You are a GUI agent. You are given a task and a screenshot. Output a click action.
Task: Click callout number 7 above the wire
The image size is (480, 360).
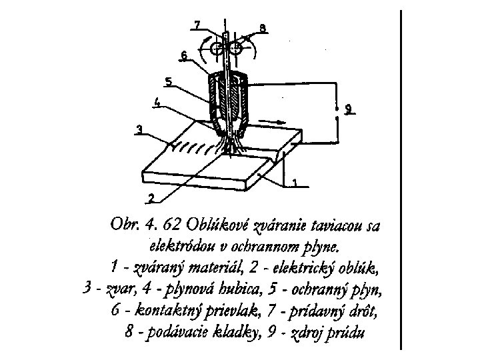pyautogui.click(x=197, y=25)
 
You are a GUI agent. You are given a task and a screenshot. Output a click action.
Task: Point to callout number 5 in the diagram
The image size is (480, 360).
pyautogui.click(x=169, y=82)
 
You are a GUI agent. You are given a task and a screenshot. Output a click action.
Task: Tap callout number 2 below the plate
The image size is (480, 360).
pyautogui.click(x=151, y=197)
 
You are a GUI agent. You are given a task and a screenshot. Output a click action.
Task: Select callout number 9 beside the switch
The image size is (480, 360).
pyautogui.click(x=349, y=109)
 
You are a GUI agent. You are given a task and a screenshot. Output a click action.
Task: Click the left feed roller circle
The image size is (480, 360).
pyautogui.click(x=216, y=49)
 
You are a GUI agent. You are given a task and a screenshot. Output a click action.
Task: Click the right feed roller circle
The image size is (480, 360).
pyautogui.click(x=237, y=48)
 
